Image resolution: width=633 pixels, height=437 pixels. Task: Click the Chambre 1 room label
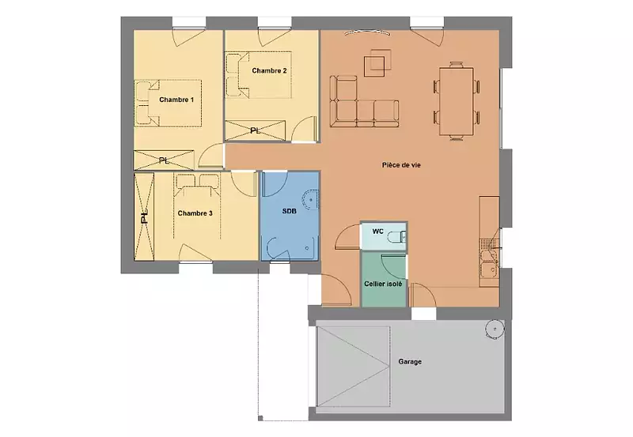[x=176, y=100]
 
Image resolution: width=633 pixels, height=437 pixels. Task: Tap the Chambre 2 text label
[x=269, y=70]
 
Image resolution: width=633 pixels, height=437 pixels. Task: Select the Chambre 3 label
[x=195, y=213]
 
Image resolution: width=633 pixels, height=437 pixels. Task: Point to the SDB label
[x=289, y=211]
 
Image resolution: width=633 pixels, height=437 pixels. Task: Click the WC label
[x=378, y=232]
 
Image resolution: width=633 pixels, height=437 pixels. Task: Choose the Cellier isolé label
[x=383, y=284]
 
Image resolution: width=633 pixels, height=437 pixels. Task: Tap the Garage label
[x=410, y=362]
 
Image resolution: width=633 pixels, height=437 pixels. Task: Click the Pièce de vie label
[x=401, y=165]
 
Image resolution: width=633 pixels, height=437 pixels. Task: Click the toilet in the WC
[x=396, y=237]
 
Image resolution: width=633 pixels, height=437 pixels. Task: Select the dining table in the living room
[x=457, y=101]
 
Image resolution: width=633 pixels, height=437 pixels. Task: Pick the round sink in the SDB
[x=310, y=200]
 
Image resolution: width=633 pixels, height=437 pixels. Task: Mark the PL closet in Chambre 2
[x=255, y=130]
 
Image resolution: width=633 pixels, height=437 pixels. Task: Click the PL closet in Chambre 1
[x=164, y=160]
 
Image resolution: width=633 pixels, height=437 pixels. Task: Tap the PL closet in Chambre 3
[x=144, y=217]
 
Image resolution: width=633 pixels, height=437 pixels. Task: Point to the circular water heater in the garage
[x=495, y=330]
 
